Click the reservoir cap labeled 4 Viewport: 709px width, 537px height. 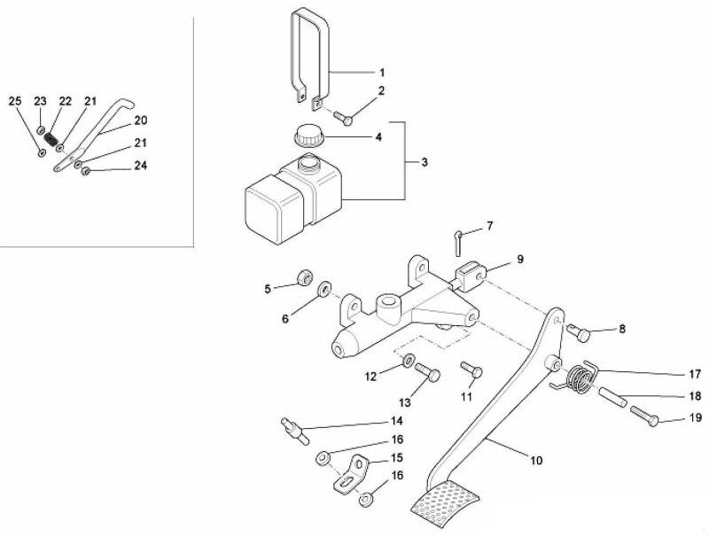(308, 136)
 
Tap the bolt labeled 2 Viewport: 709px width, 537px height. (344, 119)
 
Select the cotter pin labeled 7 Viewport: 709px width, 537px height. (457, 243)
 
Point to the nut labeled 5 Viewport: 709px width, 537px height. (305, 276)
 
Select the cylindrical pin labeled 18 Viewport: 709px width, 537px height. (613, 396)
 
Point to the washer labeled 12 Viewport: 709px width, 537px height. (408, 360)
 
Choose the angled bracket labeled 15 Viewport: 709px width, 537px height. (352, 474)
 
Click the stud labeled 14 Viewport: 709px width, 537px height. (296, 432)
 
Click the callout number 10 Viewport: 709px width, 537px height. (536, 461)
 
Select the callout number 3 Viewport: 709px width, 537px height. (425, 162)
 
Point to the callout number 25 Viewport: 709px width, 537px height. (15, 100)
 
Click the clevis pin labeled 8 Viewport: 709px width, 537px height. (579, 332)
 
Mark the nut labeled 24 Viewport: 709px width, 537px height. (85, 172)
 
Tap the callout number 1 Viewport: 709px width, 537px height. (382, 73)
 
